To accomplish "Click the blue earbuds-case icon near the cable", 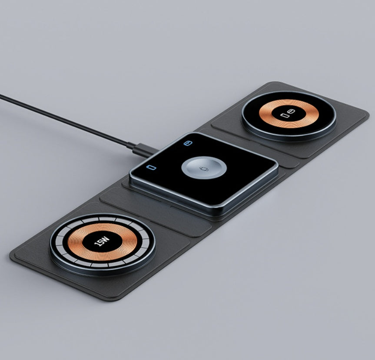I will [x=187, y=143].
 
